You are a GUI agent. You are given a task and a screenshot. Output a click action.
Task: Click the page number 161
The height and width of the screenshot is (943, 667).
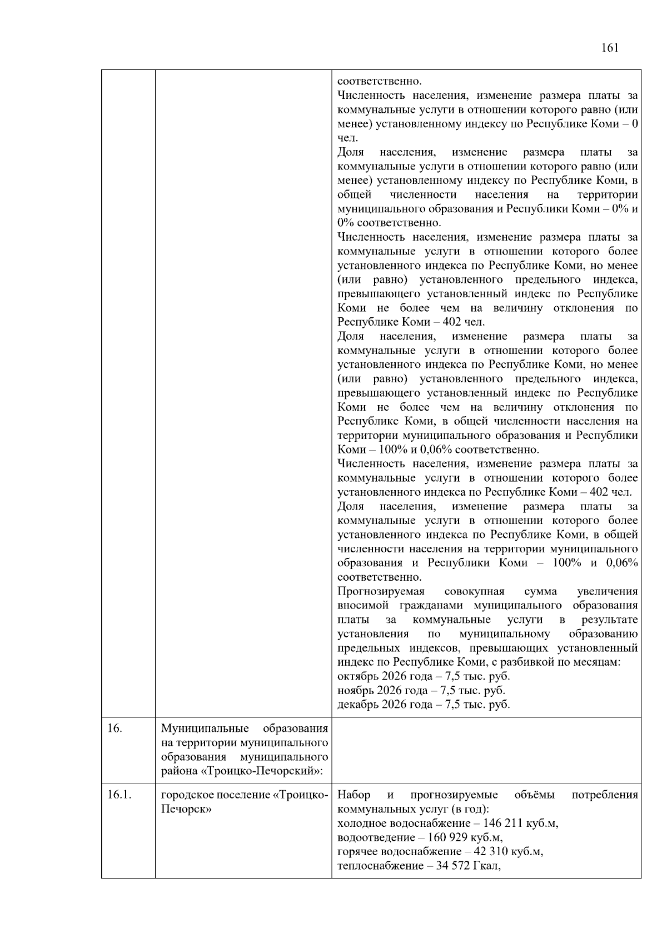coord(609,48)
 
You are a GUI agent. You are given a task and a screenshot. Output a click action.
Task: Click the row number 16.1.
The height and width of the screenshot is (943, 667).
coord(120,795)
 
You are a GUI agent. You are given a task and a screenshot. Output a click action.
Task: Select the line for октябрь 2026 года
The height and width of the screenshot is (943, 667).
coord(423,676)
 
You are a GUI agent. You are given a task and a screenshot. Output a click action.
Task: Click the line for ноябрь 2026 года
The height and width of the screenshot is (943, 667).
coord(421,691)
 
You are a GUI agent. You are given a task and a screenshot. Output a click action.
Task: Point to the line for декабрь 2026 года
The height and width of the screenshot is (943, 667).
coord(423,705)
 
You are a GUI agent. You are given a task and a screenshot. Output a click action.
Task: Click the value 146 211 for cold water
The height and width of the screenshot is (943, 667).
coord(504,823)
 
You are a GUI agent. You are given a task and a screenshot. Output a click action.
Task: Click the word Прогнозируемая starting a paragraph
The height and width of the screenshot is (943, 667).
coord(381,591)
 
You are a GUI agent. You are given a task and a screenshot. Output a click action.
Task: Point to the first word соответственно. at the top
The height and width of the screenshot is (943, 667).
coord(379,81)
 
